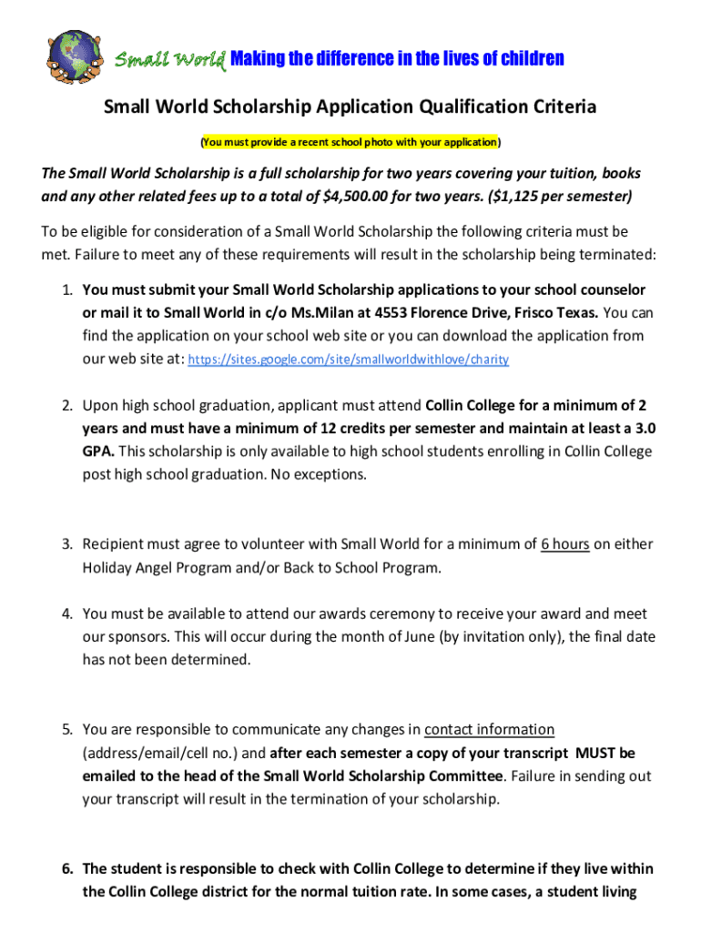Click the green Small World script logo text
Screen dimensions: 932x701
169,60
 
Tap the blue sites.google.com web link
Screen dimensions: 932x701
348,360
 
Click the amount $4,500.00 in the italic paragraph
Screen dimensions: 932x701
361,196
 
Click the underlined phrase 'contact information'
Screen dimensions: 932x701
489,729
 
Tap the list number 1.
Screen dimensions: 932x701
67,289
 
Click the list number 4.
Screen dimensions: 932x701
67,613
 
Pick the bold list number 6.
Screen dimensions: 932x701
67,868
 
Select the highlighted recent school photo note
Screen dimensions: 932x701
350,142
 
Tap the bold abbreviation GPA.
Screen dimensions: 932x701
98,451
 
